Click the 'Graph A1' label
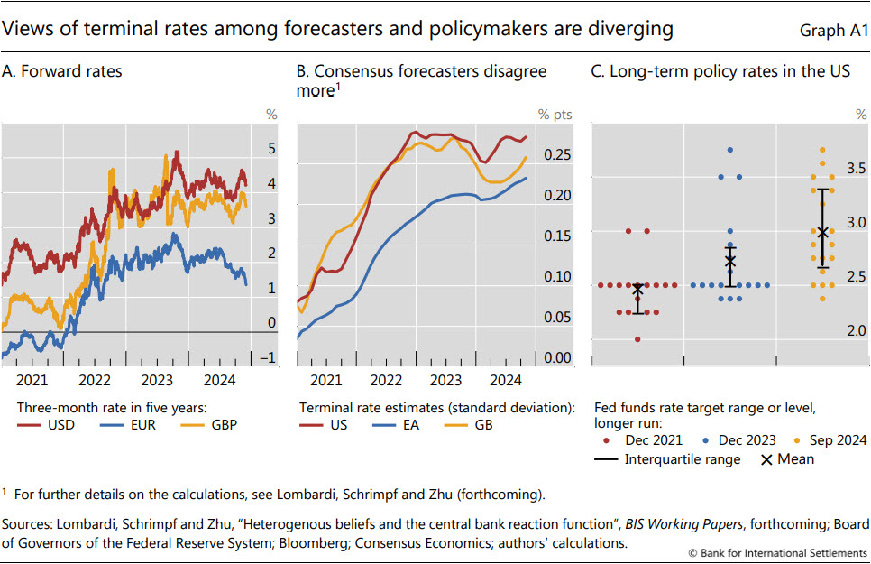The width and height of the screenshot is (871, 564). click(833, 31)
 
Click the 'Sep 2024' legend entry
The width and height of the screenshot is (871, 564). click(827, 440)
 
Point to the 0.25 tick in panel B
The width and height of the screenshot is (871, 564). click(558, 155)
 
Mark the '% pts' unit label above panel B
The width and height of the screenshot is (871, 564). click(555, 115)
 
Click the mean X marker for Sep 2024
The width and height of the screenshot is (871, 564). click(822, 232)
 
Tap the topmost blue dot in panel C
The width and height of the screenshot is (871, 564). click(730, 150)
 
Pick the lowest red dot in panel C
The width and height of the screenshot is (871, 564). click(637, 339)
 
